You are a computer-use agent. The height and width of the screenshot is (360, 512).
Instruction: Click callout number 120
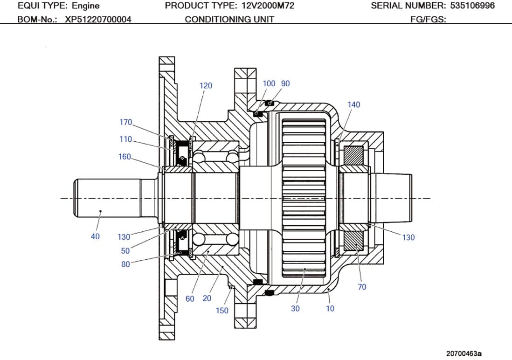(x=206, y=85)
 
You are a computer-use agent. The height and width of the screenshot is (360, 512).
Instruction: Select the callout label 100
(x=269, y=83)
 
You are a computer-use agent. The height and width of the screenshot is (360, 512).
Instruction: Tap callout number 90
(x=285, y=83)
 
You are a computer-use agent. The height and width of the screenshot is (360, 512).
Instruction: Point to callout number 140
(x=354, y=104)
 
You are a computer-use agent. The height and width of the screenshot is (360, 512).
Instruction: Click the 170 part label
(x=126, y=122)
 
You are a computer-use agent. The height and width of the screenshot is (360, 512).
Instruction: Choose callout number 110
(x=125, y=139)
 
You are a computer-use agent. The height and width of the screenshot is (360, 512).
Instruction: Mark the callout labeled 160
(x=125, y=157)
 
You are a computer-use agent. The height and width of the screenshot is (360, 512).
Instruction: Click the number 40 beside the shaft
(x=95, y=236)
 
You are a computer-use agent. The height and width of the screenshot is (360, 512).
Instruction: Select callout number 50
(x=125, y=251)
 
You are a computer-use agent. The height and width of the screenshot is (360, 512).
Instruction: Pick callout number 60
(x=190, y=298)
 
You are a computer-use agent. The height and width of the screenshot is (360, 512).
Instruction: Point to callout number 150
(x=222, y=311)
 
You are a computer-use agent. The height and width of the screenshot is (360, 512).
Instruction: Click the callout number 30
(x=295, y=308)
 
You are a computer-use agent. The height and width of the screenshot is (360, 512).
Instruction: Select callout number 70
(x=362, y=287)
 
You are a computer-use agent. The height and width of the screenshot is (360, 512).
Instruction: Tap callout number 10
(x=330, y=308)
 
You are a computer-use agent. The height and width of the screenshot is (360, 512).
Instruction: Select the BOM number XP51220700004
(x=98, y=19)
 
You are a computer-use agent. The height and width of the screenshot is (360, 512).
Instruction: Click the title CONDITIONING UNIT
(x=229, y=19)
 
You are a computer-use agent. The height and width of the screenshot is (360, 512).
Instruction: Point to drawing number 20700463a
(x=464, y=353)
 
